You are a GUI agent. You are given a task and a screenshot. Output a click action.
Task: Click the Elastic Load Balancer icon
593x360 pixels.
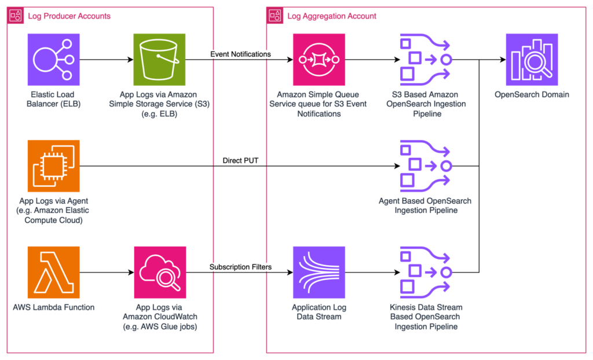pyautogui.click(x=54, y=60)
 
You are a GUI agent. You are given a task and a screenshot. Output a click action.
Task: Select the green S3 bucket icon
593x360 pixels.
pyautogui.click(x=159, y=60)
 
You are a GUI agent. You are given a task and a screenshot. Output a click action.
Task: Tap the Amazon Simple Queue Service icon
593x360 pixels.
pyautogui.click(x=319, y=60)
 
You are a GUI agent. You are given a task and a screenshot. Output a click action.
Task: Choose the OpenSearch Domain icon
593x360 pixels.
pyautogui.click(x=532, y=60)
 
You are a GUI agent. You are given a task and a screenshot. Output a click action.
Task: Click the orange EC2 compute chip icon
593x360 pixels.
pyautogui.click(x=54, y=166)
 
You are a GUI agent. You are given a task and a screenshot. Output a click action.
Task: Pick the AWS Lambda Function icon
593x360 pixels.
pyautogui.click(x=54, y=272)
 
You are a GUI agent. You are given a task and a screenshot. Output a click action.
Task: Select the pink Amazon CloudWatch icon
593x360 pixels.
pyautogui.click(x=160, y=272)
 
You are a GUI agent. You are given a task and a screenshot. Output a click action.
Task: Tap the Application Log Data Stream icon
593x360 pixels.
pyautogui.click(x=319, y=272)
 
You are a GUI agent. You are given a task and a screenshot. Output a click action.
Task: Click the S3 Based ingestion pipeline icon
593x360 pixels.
pyautogui.click(x=426, y=60)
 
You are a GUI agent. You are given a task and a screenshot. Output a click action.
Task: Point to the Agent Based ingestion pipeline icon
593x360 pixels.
pyautogui.click(x=426, y=166)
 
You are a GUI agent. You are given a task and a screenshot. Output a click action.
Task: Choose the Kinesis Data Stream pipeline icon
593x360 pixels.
pyautogui.click(x=426, y=272)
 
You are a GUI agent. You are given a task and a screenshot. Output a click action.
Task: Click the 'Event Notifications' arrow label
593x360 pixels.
pyautogui.click(x=240, y=54)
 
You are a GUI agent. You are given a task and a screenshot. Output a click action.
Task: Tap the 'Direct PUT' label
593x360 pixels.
pyautogui.click(x=240, y=161)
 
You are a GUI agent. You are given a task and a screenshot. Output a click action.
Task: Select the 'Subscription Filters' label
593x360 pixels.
pyautogui.click(x=240, y=267)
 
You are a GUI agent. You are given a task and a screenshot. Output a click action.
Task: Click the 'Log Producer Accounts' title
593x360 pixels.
pyautogui.click(x=69, y=16)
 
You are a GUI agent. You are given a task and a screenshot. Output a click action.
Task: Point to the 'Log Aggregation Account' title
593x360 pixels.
pyautogui.click(x=332, y=16)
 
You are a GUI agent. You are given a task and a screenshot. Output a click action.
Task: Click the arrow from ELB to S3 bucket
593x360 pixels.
pyautogui.click(x=107, y=60)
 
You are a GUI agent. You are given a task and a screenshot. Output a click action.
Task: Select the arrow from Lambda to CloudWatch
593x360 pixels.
pyautogui.click(x=107, y=272)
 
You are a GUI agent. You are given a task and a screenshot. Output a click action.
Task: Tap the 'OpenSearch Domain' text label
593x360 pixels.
pyautogui.click(x=532, y=94)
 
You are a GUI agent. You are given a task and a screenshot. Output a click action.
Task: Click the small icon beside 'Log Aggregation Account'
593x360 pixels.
pyautogui.click(x=275, y=16)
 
